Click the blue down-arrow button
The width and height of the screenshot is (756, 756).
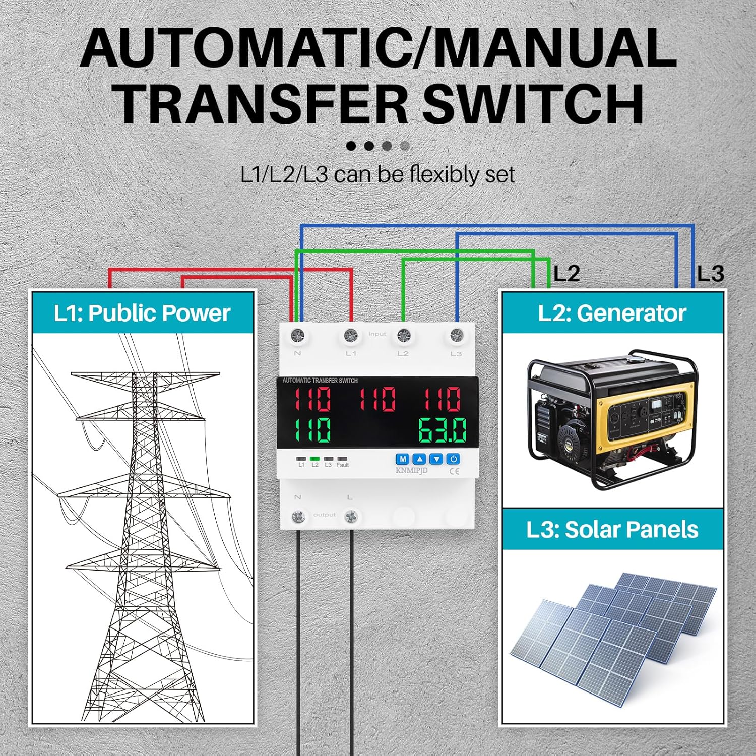(436, 459)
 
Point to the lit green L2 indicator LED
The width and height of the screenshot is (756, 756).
(315, 459)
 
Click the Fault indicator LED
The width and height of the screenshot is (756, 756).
(342, 459)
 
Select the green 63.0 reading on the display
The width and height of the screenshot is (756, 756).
(442, 430)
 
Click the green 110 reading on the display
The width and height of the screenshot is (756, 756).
(312, 430)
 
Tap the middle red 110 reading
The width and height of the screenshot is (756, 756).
(377, 400)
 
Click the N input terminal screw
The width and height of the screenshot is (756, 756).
(298, 335)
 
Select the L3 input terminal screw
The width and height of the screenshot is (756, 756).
(456, 335)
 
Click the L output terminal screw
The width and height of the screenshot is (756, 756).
(351, 517)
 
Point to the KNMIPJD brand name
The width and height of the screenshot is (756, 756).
(411, 471)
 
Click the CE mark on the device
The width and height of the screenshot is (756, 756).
(454, 472)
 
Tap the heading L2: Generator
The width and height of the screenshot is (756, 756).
(612, 313)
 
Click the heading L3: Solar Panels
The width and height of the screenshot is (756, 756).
(612, 530)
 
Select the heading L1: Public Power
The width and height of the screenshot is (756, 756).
(142, 313)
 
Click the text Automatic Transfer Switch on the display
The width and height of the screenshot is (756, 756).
(320, 381)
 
